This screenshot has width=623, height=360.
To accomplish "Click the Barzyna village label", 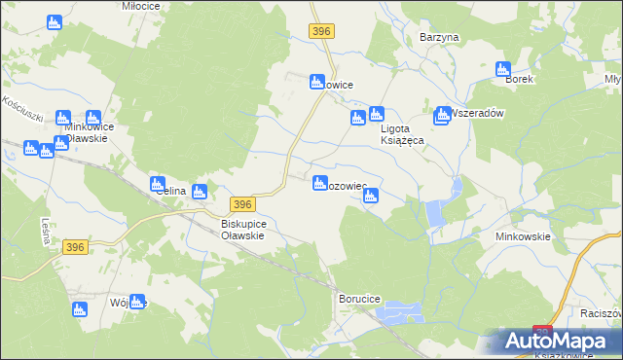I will pos(438,37).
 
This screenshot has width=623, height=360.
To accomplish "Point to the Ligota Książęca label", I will pos(401,134).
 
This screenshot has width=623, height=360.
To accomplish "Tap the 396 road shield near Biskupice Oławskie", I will pos(243,203).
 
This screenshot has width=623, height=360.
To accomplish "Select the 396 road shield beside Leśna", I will pos(77,248).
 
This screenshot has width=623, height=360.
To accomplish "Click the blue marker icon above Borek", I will pos(503,68).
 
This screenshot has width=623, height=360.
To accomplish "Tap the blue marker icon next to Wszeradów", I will pos(442,114).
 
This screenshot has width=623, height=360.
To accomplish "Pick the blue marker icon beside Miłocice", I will pos(54,20).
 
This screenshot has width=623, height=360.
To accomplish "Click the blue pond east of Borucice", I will pos(401,312).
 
